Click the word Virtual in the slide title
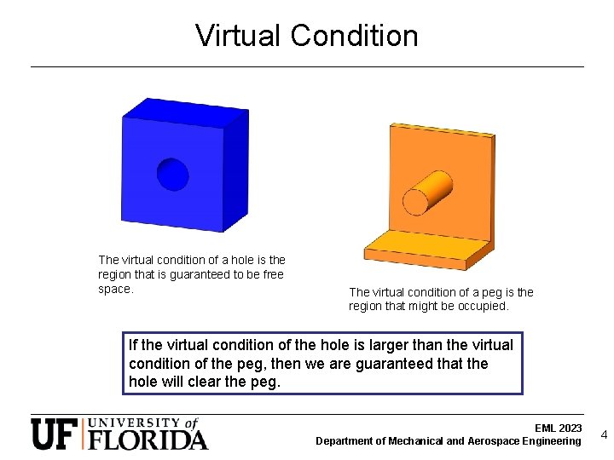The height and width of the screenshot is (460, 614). click(x=239, y=36)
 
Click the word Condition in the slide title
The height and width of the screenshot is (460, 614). click(x=354, y=36)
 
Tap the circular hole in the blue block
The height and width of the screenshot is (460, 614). click(x=172, y=174)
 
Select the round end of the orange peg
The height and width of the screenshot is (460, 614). click(x=415, y=201)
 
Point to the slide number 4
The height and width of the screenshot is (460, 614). click(x=604, y=434)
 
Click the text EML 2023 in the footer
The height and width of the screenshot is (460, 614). click(x=558, y=428)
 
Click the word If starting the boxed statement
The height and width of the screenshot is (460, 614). click(x=133, y=345)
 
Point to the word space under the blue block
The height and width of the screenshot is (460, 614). click(x=115, y=290)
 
